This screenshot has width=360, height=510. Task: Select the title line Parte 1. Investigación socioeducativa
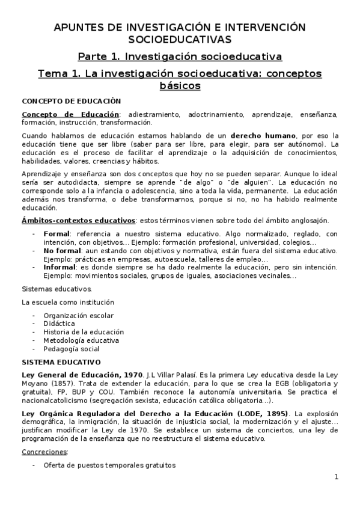180,57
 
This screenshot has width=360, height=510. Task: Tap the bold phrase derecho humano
265,136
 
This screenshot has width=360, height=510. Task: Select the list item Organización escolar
78,315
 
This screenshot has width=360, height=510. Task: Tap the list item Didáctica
59,324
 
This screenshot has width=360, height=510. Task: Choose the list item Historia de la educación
84,332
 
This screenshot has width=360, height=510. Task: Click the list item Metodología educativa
81,340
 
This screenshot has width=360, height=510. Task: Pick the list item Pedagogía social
71,349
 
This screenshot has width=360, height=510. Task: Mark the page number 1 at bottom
337,478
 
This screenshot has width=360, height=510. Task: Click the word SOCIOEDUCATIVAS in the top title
180,39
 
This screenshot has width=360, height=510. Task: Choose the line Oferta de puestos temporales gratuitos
109,466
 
